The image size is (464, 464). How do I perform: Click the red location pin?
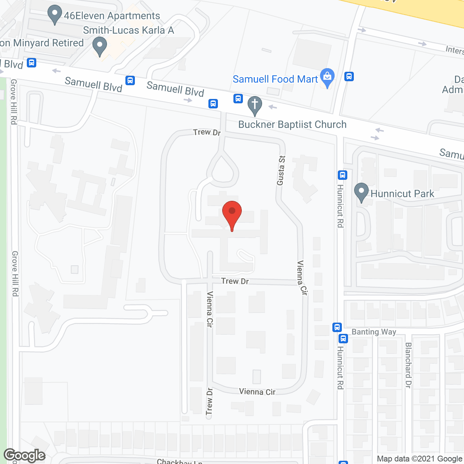click(x=232, y=214)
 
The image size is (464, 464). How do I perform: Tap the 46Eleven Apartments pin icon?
click(x=55, y=14)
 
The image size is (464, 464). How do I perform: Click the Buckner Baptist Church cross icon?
click(x=255, y=105)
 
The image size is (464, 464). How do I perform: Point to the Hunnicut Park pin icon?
click(x=361, y=192)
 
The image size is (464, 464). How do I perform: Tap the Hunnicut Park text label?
click(x=402, y=194)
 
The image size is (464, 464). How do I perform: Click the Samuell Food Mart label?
click(x=275, y=79)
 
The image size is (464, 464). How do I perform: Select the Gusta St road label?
click(x=281, y=170)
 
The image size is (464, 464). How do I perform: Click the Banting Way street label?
click(x=374, y=332)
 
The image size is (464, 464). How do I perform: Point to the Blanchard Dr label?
click(x=408, y=365)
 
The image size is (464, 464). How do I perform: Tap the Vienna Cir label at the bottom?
click(x=257, y=391)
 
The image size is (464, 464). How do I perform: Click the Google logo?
click(x=25, y=455)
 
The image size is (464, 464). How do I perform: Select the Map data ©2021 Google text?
click(x=420, y=459)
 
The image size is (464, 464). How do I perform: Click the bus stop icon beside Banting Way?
click(x=337, y=327)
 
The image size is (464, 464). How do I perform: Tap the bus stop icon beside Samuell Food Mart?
click(x=349, y=76)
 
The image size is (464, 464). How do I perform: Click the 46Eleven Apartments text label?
click(x=112, y=16)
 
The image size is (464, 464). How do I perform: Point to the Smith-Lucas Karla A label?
click(x=128, y=30)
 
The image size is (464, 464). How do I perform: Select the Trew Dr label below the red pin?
click(x=235, y=281)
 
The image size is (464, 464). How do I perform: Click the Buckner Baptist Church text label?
click(x=292, y=124)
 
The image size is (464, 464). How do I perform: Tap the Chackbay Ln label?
click(x=179, y=461)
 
